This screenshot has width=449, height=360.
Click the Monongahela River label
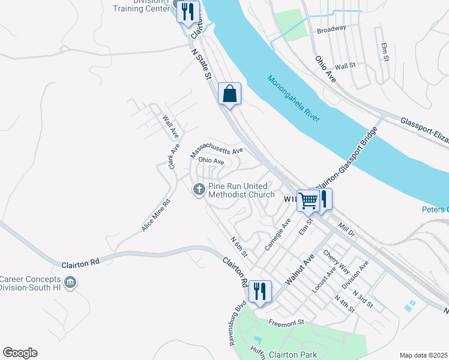click(x=294, y=98)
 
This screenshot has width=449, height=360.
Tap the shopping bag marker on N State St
click(x=229, y=94)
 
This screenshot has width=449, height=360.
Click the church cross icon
click(x=199, y=190)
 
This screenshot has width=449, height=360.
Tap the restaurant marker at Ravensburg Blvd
click(x=260, y=292)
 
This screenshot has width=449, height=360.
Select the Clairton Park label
click(x=293, y=355)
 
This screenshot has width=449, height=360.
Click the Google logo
click(x=20, y=353)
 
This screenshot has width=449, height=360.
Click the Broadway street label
click(x=331, y=29)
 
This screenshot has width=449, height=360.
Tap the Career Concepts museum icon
click(x=70, y=282)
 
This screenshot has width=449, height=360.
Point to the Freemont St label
click(x=287, y=323)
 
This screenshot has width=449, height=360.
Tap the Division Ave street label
click(x=355, y=275)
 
